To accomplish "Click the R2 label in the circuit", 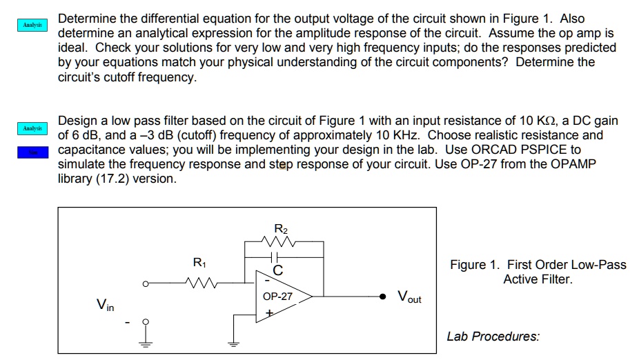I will pyautogui.click(x=280, y=228).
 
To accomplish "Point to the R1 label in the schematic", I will pyautogui.click(x=199, y=263).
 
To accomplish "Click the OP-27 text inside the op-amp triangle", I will pyautogui.click(x=277, y=297).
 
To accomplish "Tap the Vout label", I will pyautogui.click(x=409, y=297).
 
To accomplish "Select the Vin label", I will pyautogui.click(x=106, y=303).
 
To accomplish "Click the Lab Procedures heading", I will pyautogui.click(x=493, y=337).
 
